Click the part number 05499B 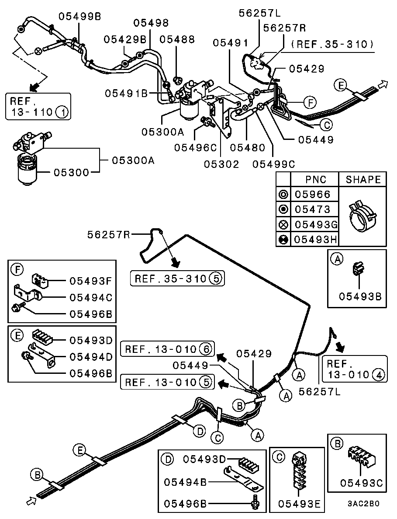click(79, 16)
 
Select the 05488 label click(177, 39)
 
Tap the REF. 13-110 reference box click(38, 106)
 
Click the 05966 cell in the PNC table click(313, 194)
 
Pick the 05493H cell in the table click(315, 239)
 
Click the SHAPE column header click(363, 180)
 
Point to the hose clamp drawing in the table click(362, 216)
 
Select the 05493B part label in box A click(360, 296)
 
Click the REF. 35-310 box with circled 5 click(177, 278)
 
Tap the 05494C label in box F click(91, 297)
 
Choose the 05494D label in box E click(91, 357)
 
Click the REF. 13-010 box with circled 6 click(168, 349)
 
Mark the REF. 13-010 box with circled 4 click(354, 369)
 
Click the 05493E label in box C click(300, 504)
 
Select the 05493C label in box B click(361, 483)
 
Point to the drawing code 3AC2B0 click(363, 503)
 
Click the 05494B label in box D click(185, 482)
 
